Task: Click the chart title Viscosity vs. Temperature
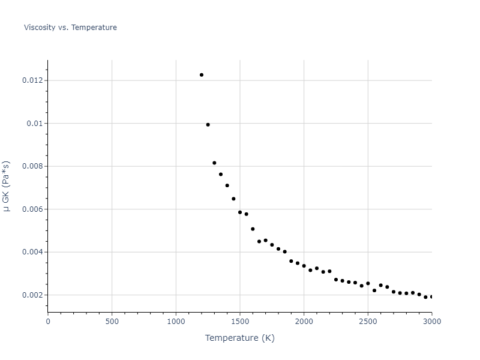tap(70, 28)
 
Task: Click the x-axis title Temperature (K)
tap(239, 338)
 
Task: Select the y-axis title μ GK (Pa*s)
tap(7, 186)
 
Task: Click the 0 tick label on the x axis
tap(48, 321)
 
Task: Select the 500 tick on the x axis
tap(112, 321)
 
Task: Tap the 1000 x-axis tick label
tap(176, 321)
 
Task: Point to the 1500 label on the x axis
tap(240, 321)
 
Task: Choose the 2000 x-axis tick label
tap(304, 321)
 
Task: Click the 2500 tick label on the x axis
tap(368, 321)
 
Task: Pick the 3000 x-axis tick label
tap(431, 321)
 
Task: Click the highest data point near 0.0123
tap(202, 75)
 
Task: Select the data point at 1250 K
tap(208, 125)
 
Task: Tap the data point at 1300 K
tap(214, 163)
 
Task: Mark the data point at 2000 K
tap(304, 266)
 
